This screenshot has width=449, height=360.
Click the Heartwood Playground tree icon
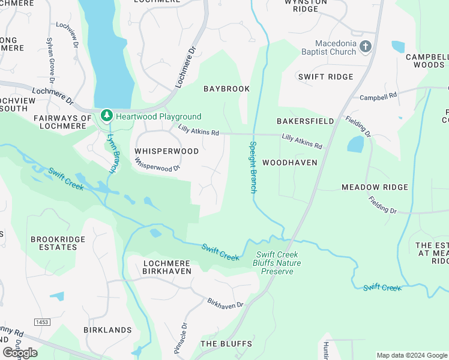[x=106, y=114]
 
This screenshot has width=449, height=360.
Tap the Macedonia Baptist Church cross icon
[x=366, y=46]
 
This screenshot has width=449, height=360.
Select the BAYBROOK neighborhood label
[x=226, y=89]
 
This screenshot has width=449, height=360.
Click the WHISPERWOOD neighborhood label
[x=166, y=152]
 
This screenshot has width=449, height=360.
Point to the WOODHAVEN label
[x=290, y=163]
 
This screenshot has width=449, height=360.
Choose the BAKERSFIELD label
[x=305, y=121]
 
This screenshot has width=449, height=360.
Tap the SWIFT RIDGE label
[x=326, y=77]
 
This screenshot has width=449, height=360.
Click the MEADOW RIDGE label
[x=375, y=187]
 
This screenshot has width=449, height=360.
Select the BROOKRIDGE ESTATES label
[x=58, y=243]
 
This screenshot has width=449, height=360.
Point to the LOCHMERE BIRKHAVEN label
[x=167, y=267]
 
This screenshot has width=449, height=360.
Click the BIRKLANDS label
[x=107, y=330]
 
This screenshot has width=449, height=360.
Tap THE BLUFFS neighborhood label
[x=224, y=344]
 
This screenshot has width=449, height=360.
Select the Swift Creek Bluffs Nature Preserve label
[x=277, y=263]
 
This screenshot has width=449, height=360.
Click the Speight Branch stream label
[x=253, y=167]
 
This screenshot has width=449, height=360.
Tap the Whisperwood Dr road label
[x=157, y=164]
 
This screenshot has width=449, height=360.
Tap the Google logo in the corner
[x=20, y=353]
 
